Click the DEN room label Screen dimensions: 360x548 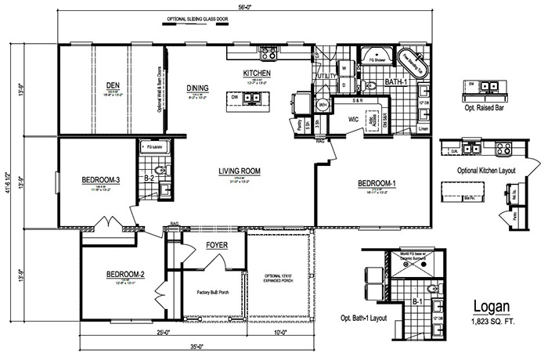point(113,86)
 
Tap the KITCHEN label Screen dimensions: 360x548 point(256,74)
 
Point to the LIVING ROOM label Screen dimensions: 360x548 point(240,171)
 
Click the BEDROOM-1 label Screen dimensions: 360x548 point(378,183)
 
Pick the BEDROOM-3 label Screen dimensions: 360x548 point(99,180)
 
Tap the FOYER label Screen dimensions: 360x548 point(217,246)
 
